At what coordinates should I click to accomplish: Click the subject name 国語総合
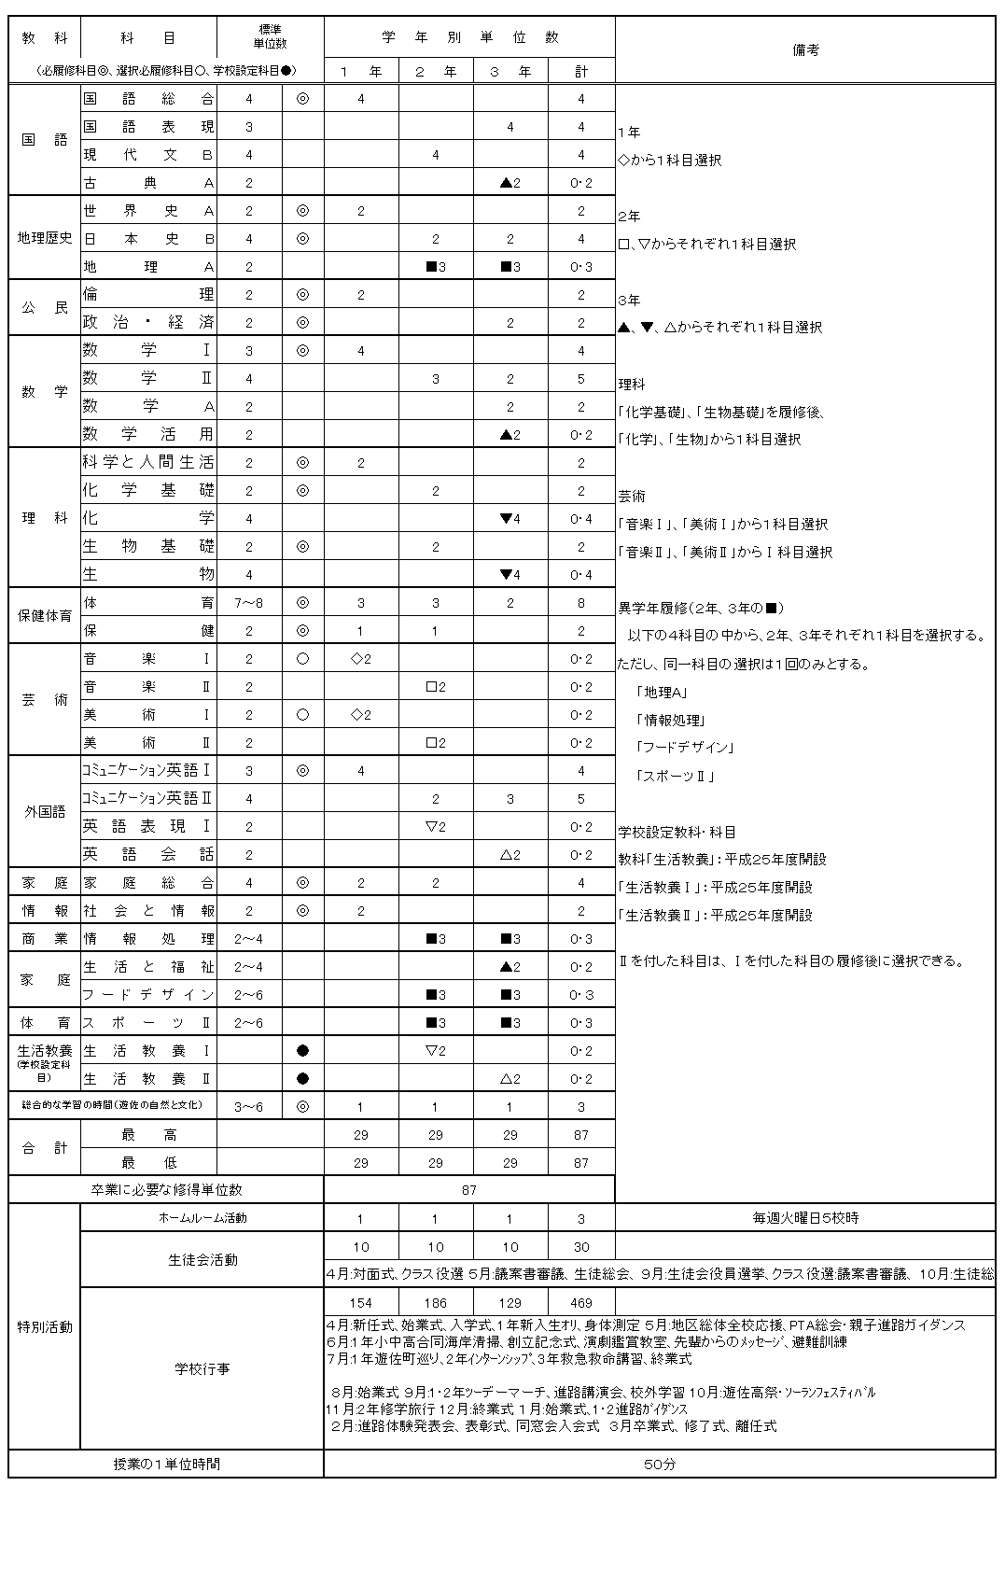pyautogui.click(x=148, y=99)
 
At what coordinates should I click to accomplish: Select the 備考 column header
pyautogui.click(x=805, y=50)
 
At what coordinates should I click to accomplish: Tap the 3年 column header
pyautogui.click(x=510, y=71)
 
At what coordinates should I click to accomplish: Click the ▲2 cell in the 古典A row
pyautogui.click(x=510, y=183)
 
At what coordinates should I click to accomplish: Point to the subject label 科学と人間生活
pyautogui.click(x=148, y=463)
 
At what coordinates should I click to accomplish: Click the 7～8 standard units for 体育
pyautogui.click(x=249, y=603)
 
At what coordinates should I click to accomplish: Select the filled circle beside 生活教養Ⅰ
pyautogui.click(x=302, y=1051)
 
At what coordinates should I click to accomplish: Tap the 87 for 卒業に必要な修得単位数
pyautogui.click(x=468, y=1190)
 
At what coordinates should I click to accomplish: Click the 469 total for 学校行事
pyautogui.click(x=580, y=1303)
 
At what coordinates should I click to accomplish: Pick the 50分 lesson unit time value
pyautogui.click(x=659, y=1465)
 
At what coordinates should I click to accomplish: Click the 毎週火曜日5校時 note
pyautogui.click(x=805, y=1218)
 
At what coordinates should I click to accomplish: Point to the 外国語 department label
pyautogui.click(x=45, y=812)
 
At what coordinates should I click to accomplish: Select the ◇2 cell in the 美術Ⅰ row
pyautogui.click(x=361, y=715)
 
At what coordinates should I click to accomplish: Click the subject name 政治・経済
pyautogui.click(x=148, y=323)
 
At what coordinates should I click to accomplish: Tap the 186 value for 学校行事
pyautogui.click(x=436, y=1303)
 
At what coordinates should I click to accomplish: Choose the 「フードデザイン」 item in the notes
pyautogui.click(x=684, y=748)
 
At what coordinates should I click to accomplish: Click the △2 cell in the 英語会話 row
pyautogui.click(x=510, y=855)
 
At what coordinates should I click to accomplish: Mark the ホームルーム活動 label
pyautogui.click(x=202, y=1218)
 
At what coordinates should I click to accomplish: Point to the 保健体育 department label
pyautogui.click(x=45, y=616)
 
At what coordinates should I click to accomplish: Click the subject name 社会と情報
pyautogui.click(x=148, y=911)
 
